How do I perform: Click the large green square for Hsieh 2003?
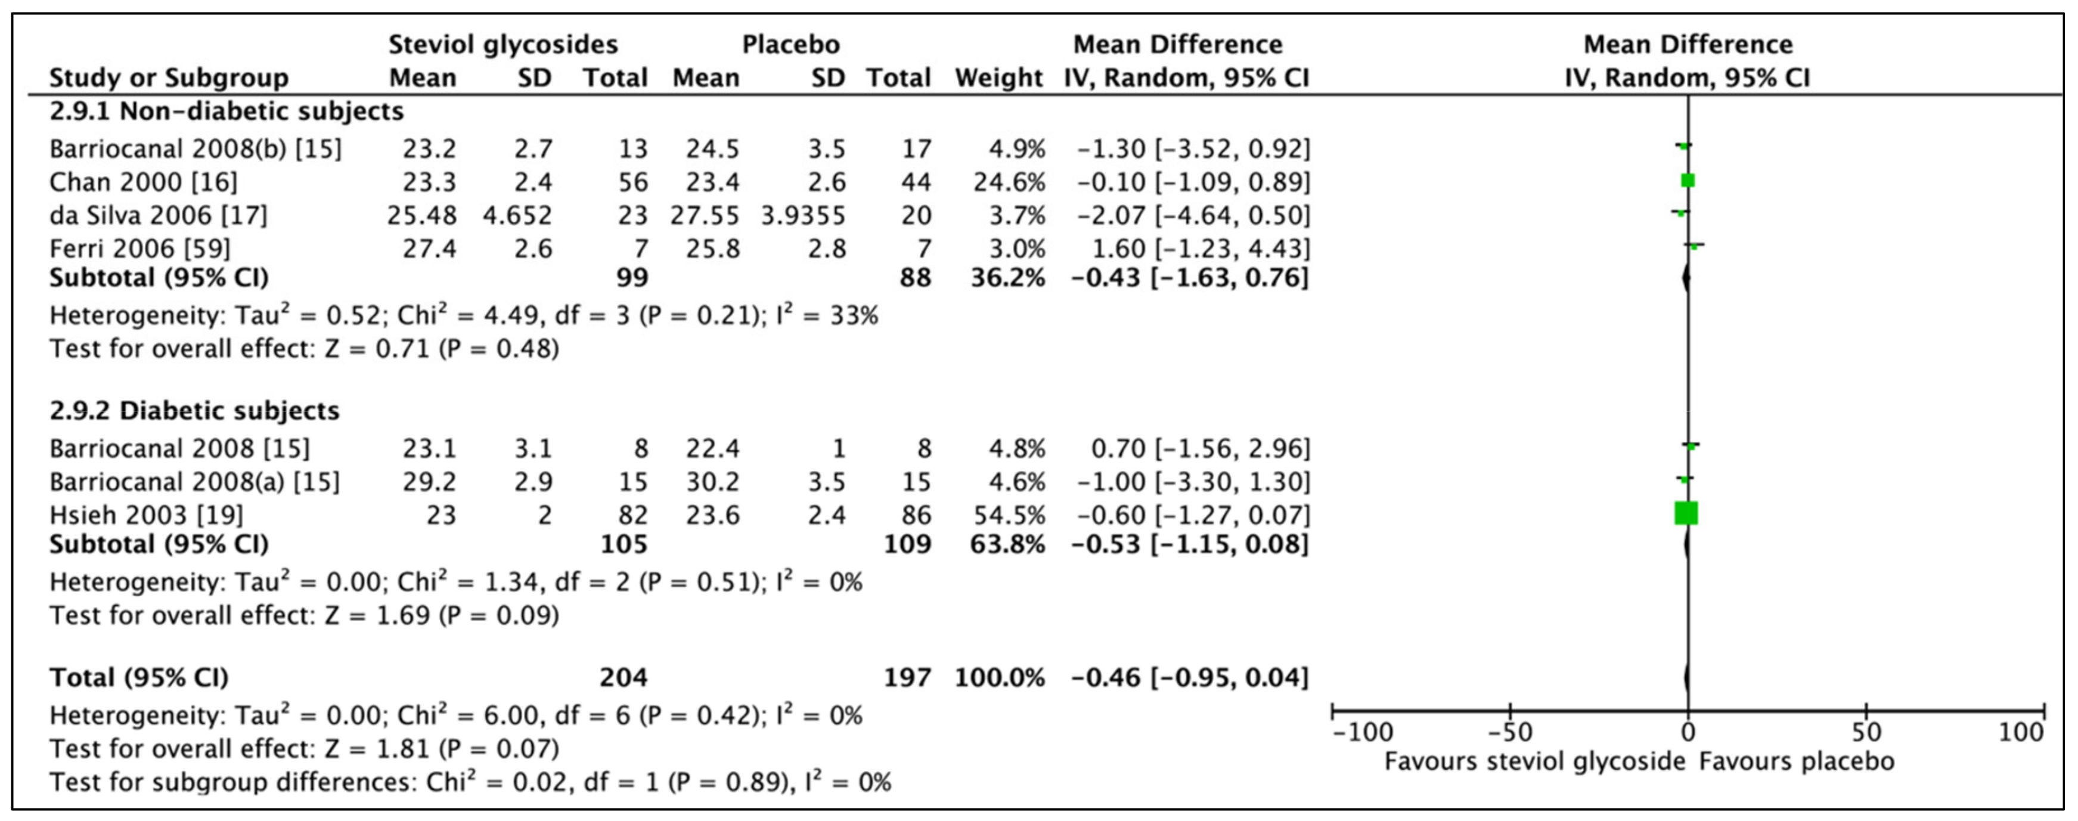[x=1686, y=513]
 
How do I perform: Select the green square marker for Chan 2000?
[x=1688, y=181]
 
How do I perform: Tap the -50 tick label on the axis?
[x=1509, y=732]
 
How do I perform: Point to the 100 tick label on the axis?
[x=2021, y=732]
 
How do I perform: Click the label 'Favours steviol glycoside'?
[x=1535, y=761]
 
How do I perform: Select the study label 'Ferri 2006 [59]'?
[x=139, y=249]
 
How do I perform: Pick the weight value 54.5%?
[x=1009, y=515]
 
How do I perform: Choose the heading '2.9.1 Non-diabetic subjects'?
[x=227, y=111]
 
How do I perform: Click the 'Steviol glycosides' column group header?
[x=503, y=44]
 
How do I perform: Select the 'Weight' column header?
[x=998, y=78]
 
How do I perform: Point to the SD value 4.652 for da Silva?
[x=517, y=215]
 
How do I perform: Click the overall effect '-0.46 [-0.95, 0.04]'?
[x=1190, y=677]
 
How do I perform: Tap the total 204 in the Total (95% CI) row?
[x=623, y=677]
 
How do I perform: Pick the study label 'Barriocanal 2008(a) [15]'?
[x=194, y=482]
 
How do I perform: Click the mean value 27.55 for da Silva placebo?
[x=705, y=215]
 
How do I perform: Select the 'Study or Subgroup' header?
[x=169, y=78]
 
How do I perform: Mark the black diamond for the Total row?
[x=1688, y=677]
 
